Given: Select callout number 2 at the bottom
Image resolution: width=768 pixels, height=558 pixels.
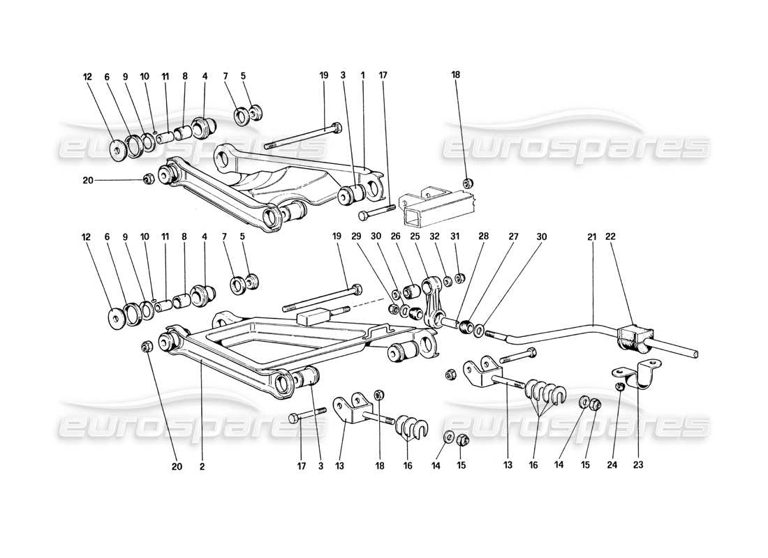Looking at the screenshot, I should click(x=202, y=467).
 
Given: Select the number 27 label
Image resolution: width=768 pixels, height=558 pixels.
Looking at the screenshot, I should click(x=513, y=236).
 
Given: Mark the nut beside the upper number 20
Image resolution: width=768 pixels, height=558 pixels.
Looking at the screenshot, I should click(x=147, y=179).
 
